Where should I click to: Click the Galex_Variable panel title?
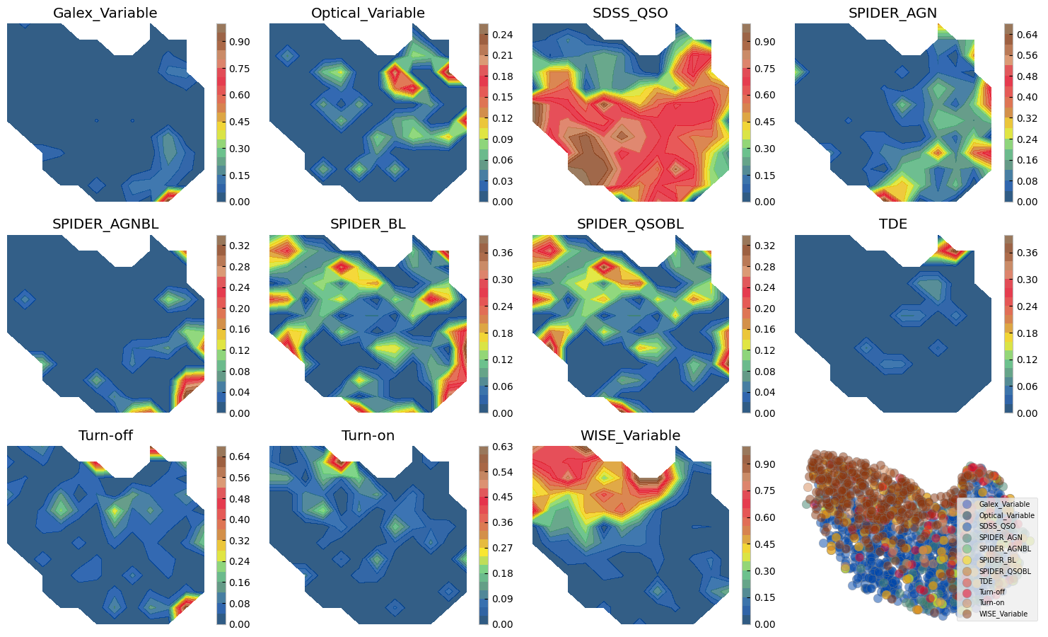coord(105,13)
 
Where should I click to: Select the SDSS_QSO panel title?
coord(630,13)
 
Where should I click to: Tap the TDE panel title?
coord(892,224)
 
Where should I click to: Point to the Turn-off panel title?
coord(105,436)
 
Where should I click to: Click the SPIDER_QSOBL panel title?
coord(630,224)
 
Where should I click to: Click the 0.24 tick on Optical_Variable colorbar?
coord(503,35)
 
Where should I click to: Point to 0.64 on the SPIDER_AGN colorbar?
coord(1028,35)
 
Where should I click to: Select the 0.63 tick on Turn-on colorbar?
coord(503,447)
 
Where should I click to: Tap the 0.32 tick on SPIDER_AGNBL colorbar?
coord(240,246)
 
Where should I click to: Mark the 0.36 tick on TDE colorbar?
coord(1028,253)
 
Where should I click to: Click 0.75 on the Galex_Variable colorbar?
coord(240,69)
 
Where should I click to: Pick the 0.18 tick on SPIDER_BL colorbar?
coord(503,333)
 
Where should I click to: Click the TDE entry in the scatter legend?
coord(986,581)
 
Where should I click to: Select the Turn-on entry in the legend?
coord(992,603)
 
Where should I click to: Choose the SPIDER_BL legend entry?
coord(997,560)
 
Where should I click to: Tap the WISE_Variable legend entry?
coord(1003,614)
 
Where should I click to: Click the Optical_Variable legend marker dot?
coord(967,515)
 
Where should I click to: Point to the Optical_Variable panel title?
coord(368,13)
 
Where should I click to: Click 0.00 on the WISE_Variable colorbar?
coord(765,624)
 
